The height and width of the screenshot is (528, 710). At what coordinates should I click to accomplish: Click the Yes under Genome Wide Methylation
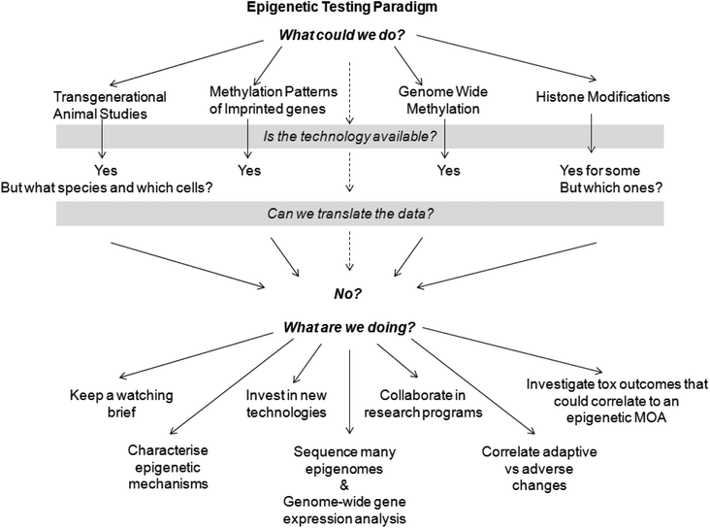(447, 171)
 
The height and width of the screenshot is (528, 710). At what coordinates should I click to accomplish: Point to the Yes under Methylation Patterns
(250, 171)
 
